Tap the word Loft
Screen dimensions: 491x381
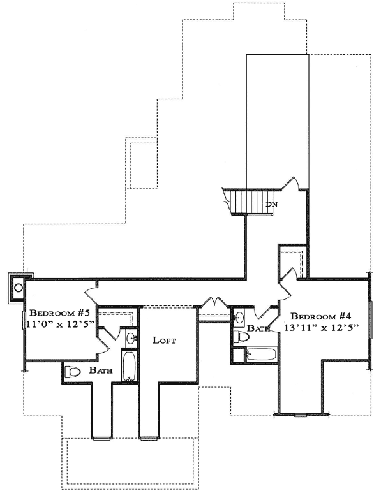point(164,340)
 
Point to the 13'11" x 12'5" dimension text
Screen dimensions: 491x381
point(322,328)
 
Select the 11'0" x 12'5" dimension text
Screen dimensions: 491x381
point(61,324)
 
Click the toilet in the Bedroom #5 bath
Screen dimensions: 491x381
point(72,372)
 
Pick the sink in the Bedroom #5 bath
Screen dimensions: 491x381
point(130,337)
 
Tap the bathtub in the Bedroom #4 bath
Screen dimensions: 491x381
point(260,355)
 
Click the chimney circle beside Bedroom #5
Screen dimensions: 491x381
point(18,288)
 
